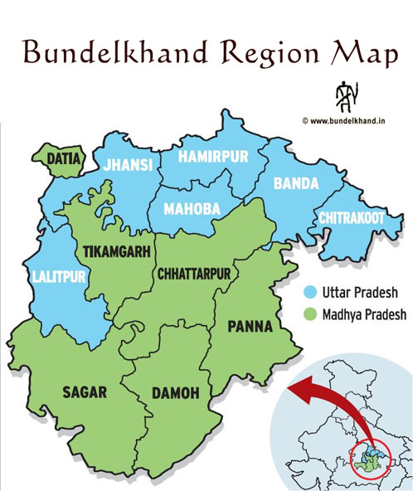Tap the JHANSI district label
click(x=128, y=165)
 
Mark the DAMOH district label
click(x=175, y=393)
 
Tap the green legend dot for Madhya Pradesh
click(x=308, y=315)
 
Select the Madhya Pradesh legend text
click(x=361, y=315)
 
